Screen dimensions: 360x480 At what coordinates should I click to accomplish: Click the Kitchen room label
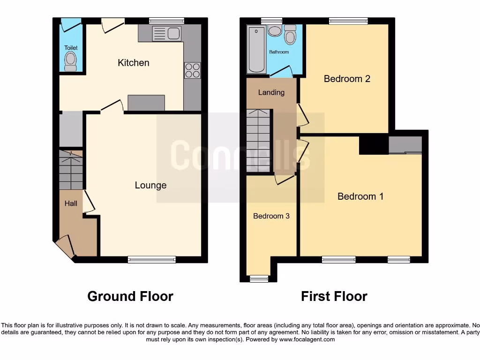click(134, 63)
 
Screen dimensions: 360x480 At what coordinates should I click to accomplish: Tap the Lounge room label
click(150, 185)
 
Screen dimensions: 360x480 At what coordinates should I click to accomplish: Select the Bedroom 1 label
click(360, 196)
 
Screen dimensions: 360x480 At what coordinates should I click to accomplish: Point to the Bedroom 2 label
click(347, 79)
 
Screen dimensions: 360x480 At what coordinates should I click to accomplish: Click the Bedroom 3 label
click(271, 216)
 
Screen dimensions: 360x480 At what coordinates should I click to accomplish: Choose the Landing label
click(271, 92)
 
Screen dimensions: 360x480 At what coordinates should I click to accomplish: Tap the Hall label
click(71, 203)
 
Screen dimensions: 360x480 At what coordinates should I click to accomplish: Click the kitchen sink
click(166, 33)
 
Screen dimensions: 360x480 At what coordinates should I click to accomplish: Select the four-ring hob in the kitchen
click(192, 70)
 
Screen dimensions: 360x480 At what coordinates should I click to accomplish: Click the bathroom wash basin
click(275, 30)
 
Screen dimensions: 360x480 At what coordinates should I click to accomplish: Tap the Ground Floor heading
click(130, 296)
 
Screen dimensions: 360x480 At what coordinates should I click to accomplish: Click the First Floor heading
click(334, 296)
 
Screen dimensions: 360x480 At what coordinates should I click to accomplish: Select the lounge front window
click(152, 259)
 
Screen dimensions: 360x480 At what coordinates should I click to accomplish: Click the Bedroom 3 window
click(259, 279)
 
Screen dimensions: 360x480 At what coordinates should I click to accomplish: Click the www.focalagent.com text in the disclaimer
click(307, 339)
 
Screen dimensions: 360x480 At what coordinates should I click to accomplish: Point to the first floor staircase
click(259, 141)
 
